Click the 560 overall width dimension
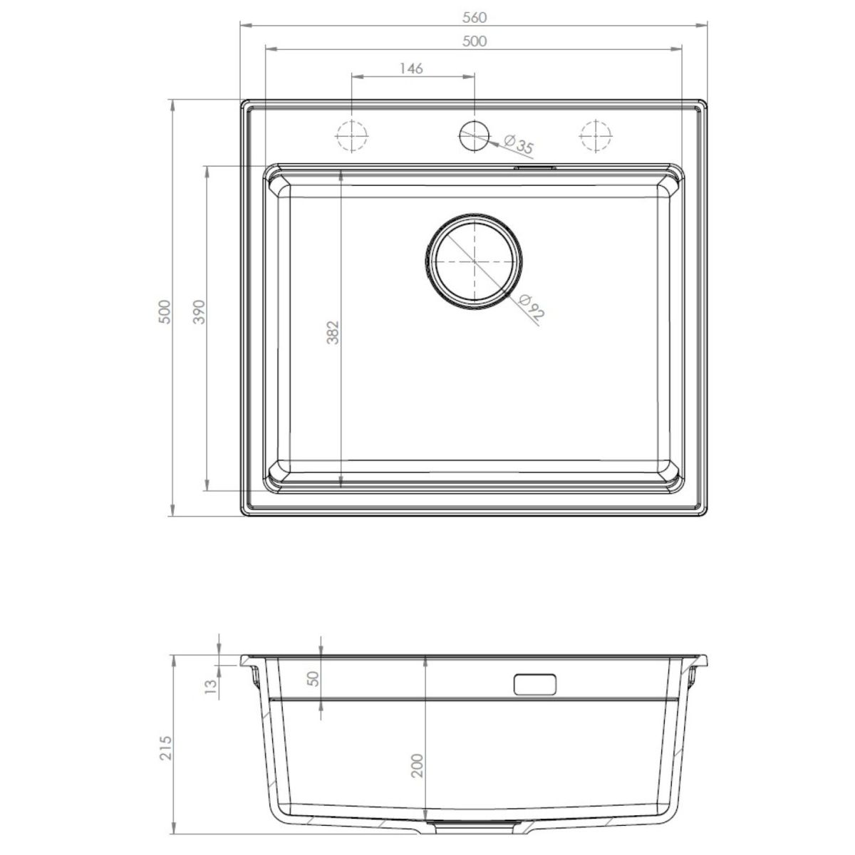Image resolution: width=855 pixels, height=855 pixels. pyautogui.click(x=475, y=18)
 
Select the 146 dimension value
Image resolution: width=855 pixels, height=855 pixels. pyautogui.click(x=411, y=69)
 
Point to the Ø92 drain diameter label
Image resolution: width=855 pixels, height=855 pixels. pyautogui.click(x=531, y=307)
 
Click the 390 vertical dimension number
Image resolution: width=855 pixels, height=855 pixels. pyautogui.click(x=199, y=311)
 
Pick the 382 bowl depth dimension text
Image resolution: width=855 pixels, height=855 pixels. pyautogui.click(x=333, y=332)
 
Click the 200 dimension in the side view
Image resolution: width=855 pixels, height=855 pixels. pyautogui.click(x=418, y=765)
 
